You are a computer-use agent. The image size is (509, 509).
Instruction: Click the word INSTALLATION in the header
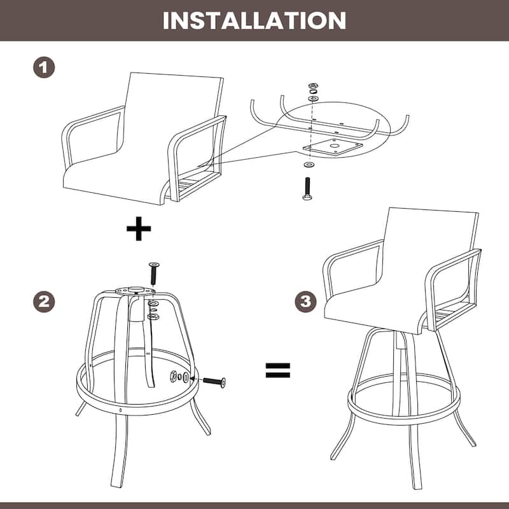pos(254,20)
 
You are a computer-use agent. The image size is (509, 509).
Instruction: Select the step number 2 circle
pos(44,302)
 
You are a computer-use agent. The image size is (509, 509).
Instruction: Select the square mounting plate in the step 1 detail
pos(333,147)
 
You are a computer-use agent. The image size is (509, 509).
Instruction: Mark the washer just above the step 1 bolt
pos(309,165)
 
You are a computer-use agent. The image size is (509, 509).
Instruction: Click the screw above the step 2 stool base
pos(153,272)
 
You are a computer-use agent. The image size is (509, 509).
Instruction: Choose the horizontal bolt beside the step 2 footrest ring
pos(214,381)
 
